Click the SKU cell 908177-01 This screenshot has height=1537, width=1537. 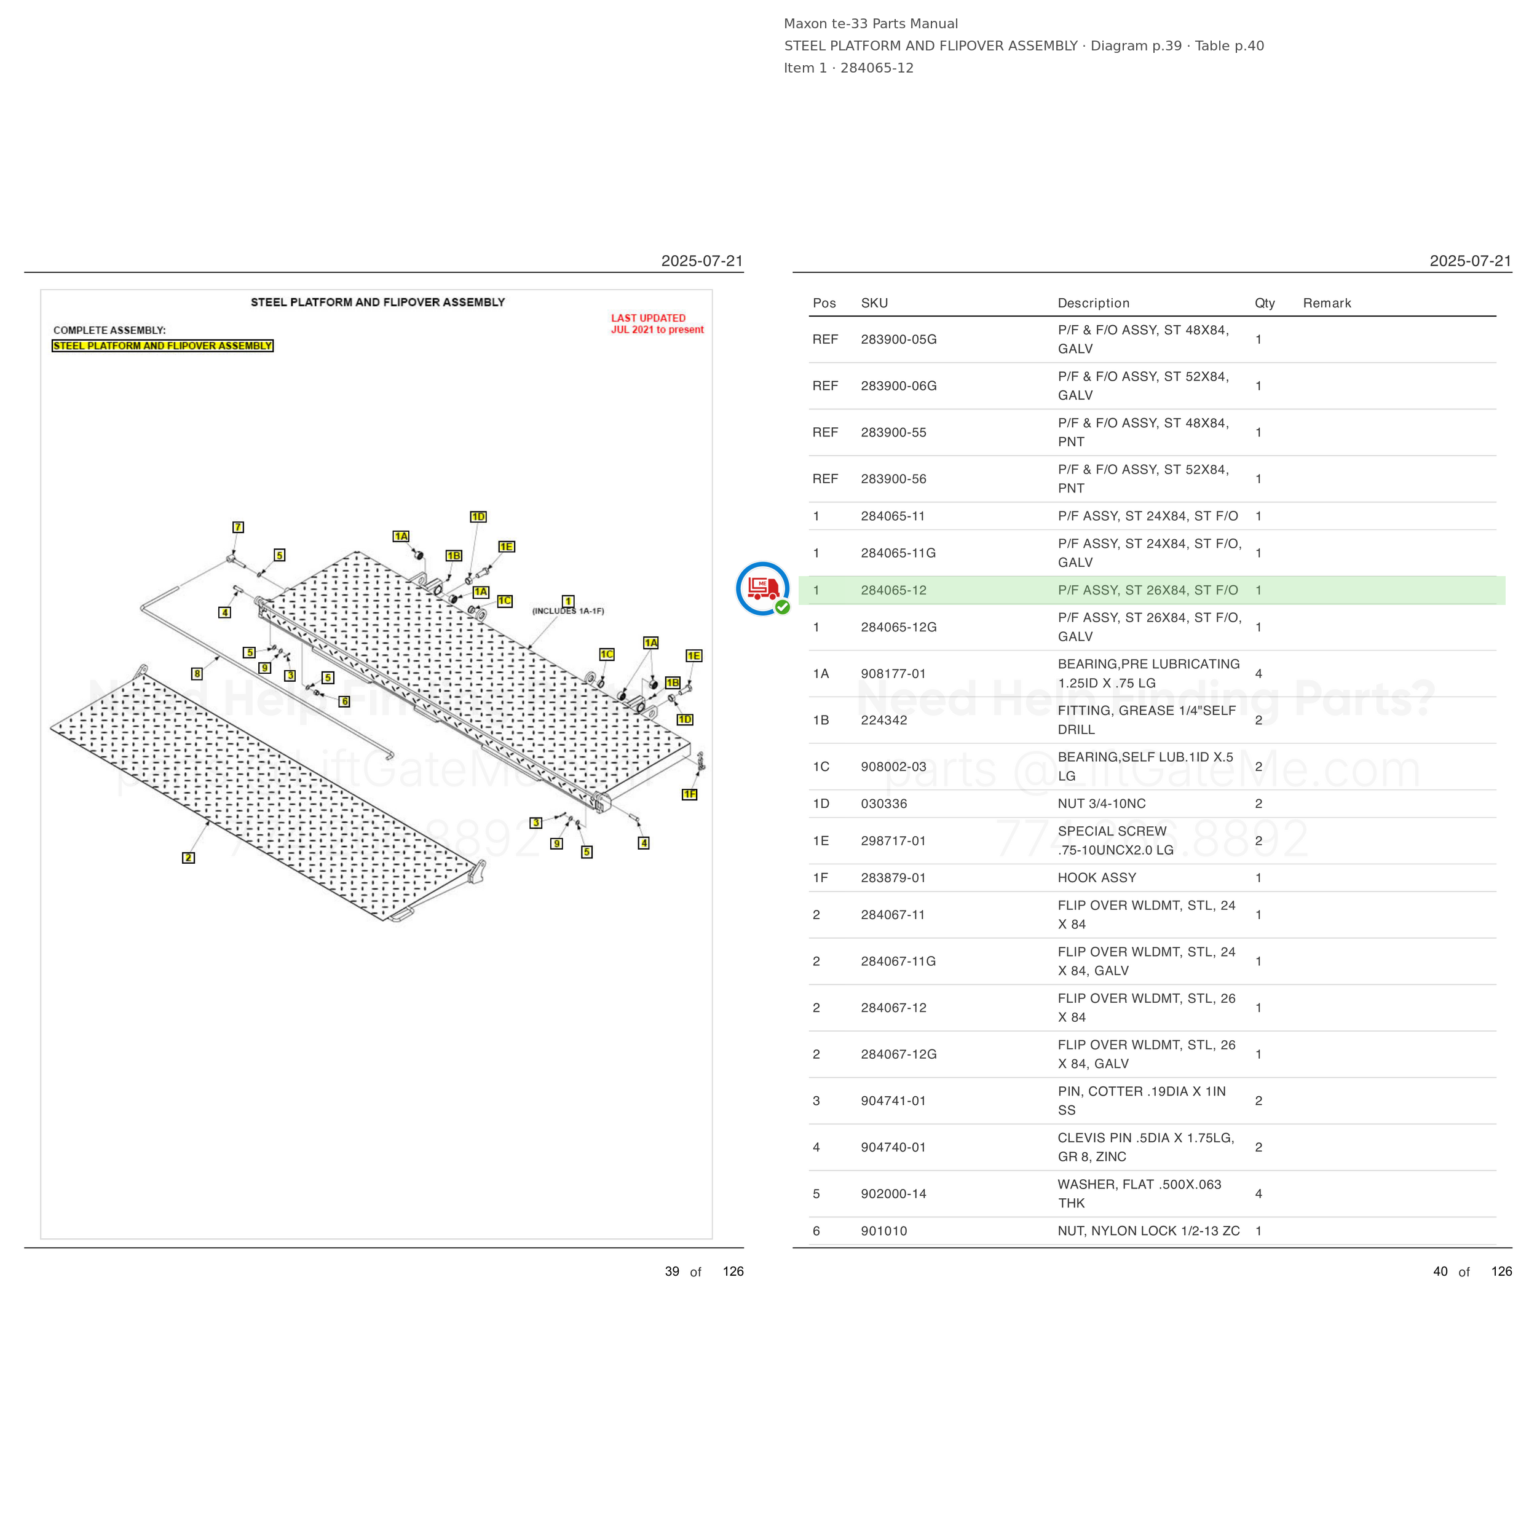(893, 674)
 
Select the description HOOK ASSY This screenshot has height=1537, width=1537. (1096, 877)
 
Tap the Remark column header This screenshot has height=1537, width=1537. (1327, 303)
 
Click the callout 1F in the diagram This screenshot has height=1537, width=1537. (690, 794)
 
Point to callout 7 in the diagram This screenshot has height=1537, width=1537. (238, 527)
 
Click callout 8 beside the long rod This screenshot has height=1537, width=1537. (197, 674)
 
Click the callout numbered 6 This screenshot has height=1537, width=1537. (344, 701)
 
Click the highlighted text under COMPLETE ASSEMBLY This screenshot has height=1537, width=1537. (163, 346)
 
